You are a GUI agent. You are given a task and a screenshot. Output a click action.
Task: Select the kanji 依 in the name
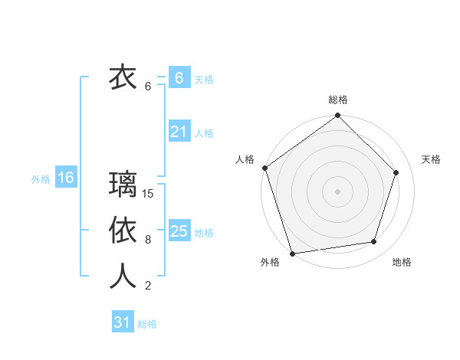coord(123,231)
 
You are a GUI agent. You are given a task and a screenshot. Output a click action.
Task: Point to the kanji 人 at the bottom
coord(123,277)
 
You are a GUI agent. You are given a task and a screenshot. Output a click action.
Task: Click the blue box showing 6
coord(179,78)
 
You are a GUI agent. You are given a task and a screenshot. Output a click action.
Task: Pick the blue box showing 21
coord(179,132)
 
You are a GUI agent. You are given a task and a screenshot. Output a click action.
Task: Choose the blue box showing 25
coord(179,231)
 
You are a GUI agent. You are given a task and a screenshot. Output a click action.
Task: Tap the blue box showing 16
coord(66,178)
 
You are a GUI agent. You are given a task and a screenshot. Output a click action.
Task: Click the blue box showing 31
coord(123,322)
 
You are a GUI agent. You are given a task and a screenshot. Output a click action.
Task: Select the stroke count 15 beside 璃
coord(149,194)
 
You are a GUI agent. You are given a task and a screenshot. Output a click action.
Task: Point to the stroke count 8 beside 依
coord(148,240)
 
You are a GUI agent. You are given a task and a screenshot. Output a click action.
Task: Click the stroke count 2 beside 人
coord(148,286)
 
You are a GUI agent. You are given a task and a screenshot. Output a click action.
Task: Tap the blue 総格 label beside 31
coord(147,324)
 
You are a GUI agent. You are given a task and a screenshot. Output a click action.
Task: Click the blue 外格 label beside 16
coord(41,179)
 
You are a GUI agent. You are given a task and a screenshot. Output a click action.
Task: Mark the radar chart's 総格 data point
coord(337,116)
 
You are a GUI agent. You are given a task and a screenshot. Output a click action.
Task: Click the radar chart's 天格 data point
coord(396,172)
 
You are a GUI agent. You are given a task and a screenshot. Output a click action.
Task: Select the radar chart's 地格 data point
coord(373,241)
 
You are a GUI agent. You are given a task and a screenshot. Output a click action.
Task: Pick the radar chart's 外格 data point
coord(293,252)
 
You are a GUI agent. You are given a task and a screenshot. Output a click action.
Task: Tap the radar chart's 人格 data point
coord(265,168)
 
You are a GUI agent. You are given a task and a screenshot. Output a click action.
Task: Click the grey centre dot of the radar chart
coord(337,191)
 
